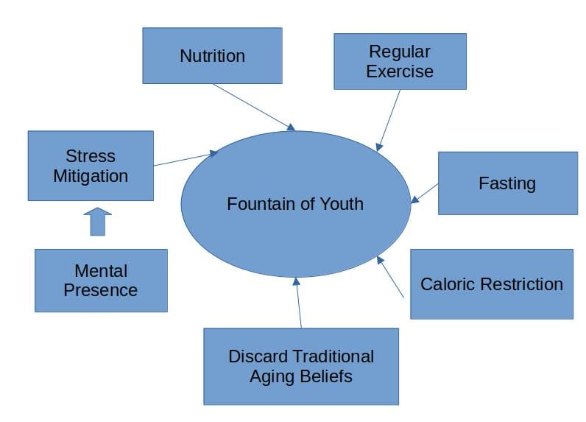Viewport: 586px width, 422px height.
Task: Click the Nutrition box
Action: click(212, 55)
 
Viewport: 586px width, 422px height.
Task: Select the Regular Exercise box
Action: click(400, 61)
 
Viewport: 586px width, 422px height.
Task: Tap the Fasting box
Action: click(507, 183)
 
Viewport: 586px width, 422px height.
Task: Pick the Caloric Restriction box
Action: click(491, 284)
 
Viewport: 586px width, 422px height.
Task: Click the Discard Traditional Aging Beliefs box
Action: click(300, 366)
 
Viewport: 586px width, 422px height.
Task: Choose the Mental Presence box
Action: click(101, 280)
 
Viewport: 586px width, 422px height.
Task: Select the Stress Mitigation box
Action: click(91, 166)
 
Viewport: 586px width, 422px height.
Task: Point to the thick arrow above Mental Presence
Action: click(97, 221)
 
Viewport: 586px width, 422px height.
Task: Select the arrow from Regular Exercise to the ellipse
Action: click(389, 120)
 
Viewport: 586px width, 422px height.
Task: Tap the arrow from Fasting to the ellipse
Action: click(425, 192)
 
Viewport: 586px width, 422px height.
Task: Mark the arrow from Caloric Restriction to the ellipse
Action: click(391, 277)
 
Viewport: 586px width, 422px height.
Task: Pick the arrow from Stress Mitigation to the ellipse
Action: click(186, 159)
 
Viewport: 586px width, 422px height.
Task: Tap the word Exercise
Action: click(400, 71)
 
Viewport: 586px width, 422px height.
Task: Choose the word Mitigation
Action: click(91, 176)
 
